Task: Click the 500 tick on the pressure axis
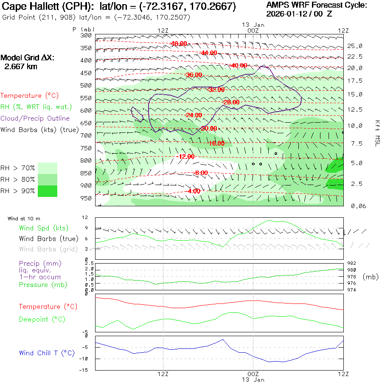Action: (x=86, y=85)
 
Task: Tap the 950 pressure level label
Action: (x=86, y=198)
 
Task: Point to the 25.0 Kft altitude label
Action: (x=355, y=46)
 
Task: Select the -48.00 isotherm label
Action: (x=179, y=44)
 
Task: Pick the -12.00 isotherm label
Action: (x=185, y=157)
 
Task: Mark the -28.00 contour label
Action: (x=231, y=102)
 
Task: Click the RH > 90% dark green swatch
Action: (x=48, y=191)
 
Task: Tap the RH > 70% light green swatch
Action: (x=48, y=168)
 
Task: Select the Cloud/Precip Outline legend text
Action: (x=35, y=118)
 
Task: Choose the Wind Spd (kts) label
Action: (x=44, y=228)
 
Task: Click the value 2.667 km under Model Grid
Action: (x=20, y=66)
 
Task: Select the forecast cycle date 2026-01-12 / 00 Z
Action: (x=300, y=14)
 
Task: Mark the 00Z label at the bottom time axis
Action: (x=253, y=374)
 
